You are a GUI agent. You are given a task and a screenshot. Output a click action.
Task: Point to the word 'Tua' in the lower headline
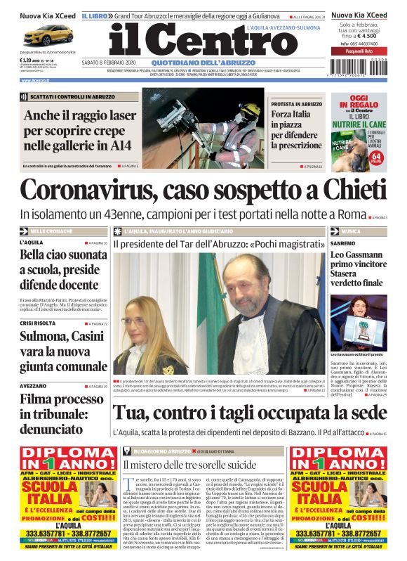click(131, 413)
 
